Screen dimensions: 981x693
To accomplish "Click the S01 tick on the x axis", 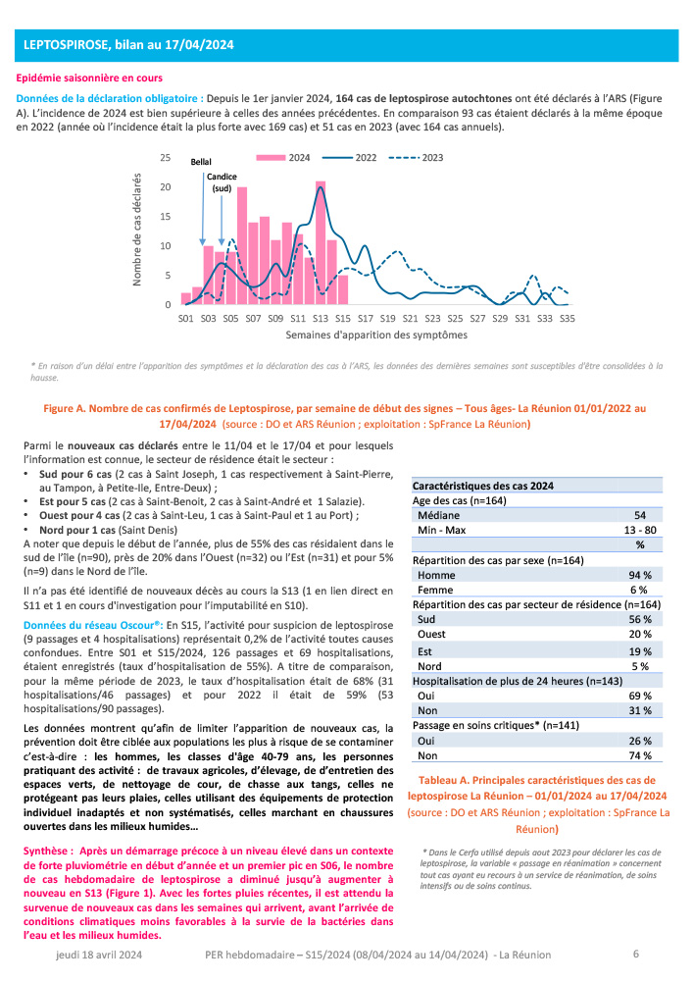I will [185, 319].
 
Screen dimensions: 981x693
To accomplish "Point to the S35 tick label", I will [567, 319].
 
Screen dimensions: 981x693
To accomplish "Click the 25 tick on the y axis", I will [166, 158].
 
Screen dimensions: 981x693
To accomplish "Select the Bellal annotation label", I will [201, 162].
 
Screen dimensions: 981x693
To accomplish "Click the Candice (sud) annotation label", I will [222, 182].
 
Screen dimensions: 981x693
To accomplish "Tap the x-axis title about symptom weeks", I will [376, 335].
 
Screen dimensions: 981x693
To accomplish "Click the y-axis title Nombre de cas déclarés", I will [139, 232].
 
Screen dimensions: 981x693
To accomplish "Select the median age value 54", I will [639, 515].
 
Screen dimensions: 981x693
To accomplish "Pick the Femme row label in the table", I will [433, 590].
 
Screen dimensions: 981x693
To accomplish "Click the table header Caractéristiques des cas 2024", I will [483, 486].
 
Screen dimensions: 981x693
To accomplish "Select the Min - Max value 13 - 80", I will [639, 530].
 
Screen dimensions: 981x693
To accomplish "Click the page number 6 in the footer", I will [635, 954].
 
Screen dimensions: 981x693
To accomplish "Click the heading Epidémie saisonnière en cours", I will [90, 77].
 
